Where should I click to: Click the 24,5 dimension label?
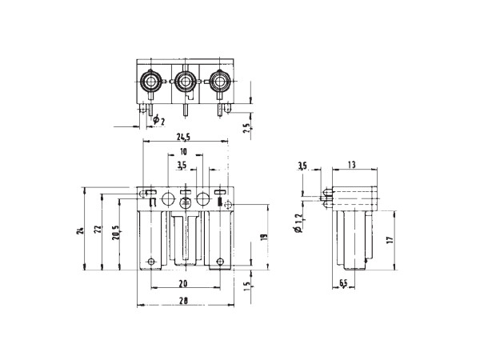tap(183, 137)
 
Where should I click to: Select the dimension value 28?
tap(183, 301)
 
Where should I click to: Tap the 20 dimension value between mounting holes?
tap(183, 284)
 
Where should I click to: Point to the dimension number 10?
tap(183, 152)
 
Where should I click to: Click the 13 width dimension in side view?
tap(352, 165)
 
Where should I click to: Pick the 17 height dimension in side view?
tap(389, 240)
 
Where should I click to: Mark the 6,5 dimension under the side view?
tap(343, 283)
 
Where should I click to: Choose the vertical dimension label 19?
tap(265, 237)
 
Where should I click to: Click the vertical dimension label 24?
tap(79, 230)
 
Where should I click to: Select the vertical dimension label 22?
tap(97, 230)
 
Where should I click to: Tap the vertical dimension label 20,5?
tap(115, 232)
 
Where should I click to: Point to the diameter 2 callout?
tap(159, 120)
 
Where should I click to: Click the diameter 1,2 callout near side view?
tap(299, 223)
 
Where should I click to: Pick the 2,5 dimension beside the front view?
tap(246, 129)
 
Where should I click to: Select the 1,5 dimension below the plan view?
tap(246, 287)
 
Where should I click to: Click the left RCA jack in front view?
tap(150, 82)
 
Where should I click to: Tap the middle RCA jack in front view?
tap(185, 82)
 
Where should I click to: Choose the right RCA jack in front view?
tap(219, 82)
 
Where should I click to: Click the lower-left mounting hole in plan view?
tap(151, 262)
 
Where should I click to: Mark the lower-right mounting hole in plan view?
tap(220, 262)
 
